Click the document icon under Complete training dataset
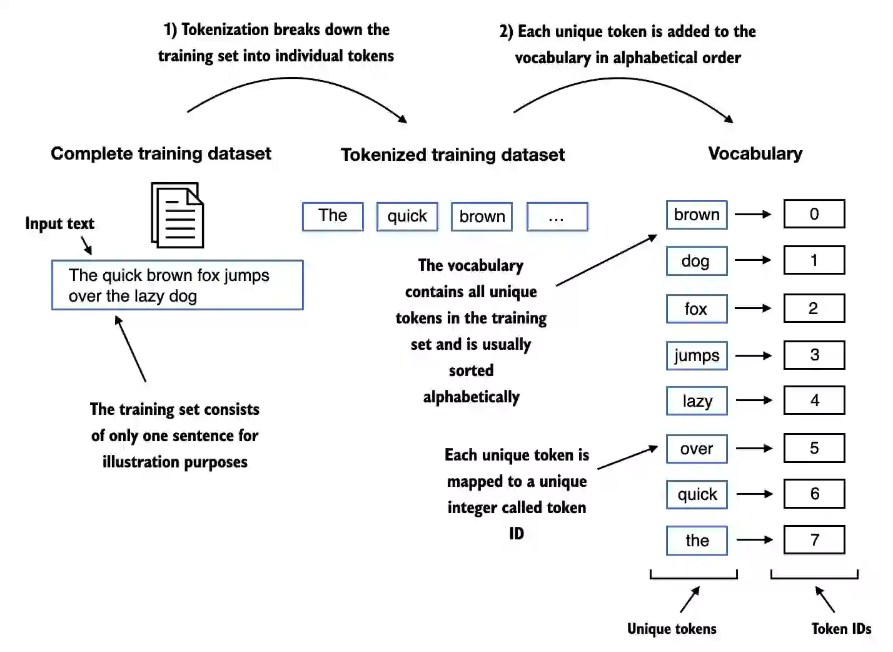(178, 215)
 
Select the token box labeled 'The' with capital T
(333, 216)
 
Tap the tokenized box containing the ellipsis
(557, 216)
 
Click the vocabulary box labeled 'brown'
(697, 215)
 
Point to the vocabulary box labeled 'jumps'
(697, 355)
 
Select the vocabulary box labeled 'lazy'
(697, 401)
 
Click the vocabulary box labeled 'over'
(697, 449)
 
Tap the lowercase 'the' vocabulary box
(697, 541)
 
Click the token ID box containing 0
(814, 214)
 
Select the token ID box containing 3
(814, 355)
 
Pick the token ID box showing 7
(814, 539)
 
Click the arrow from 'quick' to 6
(755, 494)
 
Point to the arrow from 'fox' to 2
(754, 308)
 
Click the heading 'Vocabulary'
(755, 153)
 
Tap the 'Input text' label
(59, 223)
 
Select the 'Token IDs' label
(841, 628)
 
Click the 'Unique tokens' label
(672, 628)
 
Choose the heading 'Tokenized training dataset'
(452, 155)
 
